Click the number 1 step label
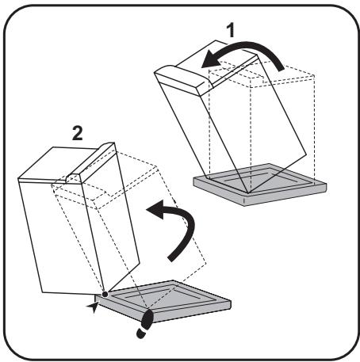[231, 30]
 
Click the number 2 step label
[78, 133]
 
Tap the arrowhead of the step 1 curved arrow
[212, 59]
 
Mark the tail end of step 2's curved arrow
[171, 259]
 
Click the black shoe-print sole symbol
[145, 324]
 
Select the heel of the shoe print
[140, 333]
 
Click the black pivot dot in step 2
[105, 294]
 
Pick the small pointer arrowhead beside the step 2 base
[93, 307]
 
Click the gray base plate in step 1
[260, 185]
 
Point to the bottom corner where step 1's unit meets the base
[248, 193]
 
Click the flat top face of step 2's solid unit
[57, 164]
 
